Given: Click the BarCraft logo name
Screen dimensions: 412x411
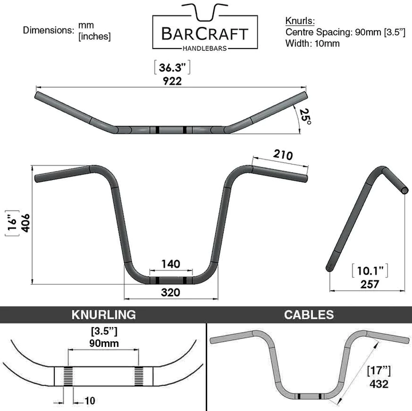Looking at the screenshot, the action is click(205, 34).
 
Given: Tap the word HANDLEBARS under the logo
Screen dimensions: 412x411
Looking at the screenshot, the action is click(205, 48).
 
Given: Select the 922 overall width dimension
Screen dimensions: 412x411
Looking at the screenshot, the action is click(172, 81).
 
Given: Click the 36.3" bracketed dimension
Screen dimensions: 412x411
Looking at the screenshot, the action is click(172, 67).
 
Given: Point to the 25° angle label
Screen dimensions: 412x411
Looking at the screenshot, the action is click(306, 116).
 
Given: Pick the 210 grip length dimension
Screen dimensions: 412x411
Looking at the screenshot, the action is click(283, 154).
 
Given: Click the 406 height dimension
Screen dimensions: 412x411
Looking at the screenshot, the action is click(26, 223).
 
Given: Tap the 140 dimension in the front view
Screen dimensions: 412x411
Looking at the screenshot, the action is click(171, 264).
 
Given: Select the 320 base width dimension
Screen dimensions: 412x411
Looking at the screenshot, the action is click(171, 292).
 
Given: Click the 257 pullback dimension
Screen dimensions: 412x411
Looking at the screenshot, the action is click(370, 284).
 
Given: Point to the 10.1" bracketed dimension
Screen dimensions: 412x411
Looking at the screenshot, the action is click(370, 271).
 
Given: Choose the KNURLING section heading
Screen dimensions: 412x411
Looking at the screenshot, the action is click(104, 314).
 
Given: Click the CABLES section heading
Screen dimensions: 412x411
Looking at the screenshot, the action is click(309, 314).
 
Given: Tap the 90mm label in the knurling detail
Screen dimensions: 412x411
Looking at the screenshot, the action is click(104, 343).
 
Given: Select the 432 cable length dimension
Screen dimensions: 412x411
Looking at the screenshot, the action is click(379, 384).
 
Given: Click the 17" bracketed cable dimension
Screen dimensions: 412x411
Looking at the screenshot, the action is click(379, 371).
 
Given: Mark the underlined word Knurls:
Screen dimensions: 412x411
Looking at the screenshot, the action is click(300, 21).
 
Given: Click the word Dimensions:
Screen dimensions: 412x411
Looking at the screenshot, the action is click(49, 30).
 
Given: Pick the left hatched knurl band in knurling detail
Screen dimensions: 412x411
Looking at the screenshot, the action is click(68, 376).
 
